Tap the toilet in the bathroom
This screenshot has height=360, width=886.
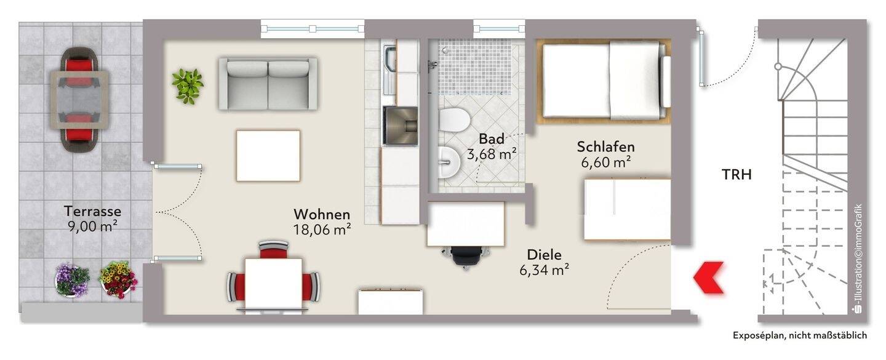tap(454, 119)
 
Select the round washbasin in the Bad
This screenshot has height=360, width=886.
tap(449, 162)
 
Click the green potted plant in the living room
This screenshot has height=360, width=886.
tap(187, 85)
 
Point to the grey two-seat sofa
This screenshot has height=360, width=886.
tap(268, 84)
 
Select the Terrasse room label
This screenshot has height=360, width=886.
tap(92, 211)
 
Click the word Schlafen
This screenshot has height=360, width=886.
tap(605, 147)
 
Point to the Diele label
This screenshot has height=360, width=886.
tap(544, 254)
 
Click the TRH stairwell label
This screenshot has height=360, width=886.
tap(736, 175)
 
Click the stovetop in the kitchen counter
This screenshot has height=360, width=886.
tap(401, 126)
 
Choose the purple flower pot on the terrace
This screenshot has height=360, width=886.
tap(72, 280)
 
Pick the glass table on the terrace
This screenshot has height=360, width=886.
tap(80, 99)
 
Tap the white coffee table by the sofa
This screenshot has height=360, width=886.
tap(268, 156)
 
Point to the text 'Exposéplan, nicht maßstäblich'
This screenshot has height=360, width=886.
tap(799, 335)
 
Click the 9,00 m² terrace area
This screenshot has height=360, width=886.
tap(92, 226)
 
